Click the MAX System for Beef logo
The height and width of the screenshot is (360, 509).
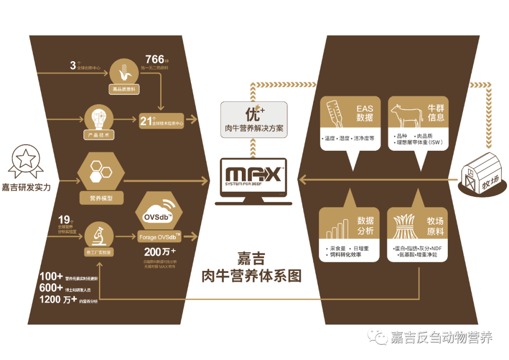(254, 176)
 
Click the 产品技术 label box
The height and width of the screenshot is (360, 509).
(99, 135)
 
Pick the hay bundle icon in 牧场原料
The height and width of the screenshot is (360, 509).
(405, 227)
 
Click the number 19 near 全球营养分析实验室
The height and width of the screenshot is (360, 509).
(64, 220)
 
